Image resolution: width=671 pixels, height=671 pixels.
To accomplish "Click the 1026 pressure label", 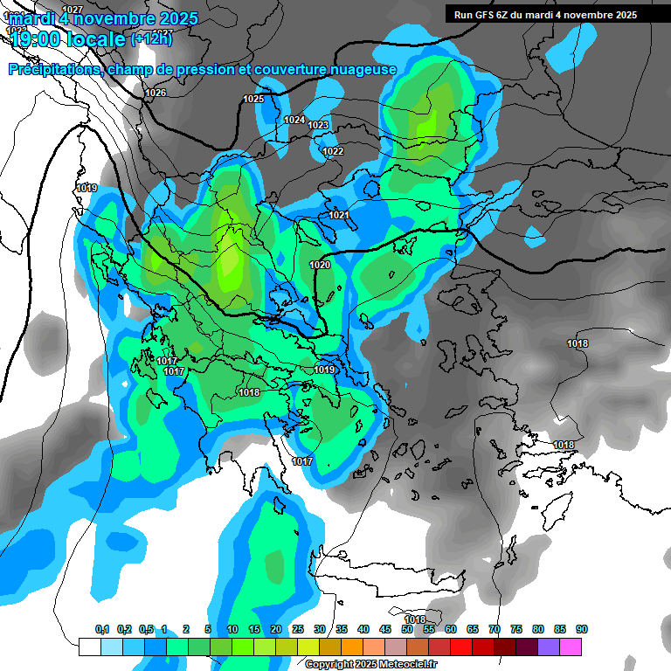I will click(x=156, y=93).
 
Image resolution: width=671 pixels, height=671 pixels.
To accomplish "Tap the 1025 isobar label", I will click(x=253, y=99).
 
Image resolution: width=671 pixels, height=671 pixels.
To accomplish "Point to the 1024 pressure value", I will click(x=294, y=120).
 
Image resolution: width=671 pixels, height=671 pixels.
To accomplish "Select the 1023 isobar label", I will click(x=318, y=126).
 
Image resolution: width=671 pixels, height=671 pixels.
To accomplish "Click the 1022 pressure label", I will click(x=333, y=151).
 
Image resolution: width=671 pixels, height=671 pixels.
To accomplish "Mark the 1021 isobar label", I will click(x=339, y=215).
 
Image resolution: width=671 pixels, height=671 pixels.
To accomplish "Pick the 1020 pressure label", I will click(x=320, y=265).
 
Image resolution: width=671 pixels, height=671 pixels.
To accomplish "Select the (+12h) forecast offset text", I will click(x=151, y=38).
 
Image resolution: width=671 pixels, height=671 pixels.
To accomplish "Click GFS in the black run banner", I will click(x=485, y=15).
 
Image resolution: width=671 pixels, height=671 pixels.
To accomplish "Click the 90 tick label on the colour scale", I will click(x=582, y=630).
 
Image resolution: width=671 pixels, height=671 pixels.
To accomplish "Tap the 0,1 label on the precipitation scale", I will click(x=102, y=630).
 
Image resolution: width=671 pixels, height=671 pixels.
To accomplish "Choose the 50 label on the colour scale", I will click(x=407, y=630).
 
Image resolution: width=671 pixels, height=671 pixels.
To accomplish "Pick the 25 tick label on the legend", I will click(x=298, y=630).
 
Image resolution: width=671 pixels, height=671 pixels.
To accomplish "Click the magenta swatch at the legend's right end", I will click(x=571, y=647).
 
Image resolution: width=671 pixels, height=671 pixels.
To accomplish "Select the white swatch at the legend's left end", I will click(x=89, y=647).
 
